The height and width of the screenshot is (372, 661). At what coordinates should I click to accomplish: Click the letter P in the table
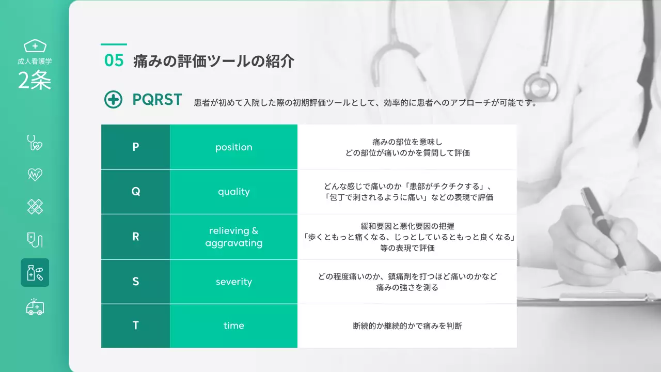(x=136, y=147)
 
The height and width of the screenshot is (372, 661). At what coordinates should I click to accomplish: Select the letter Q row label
(x=136, y=192)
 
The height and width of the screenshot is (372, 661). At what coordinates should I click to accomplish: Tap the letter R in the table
(x=136, y=237)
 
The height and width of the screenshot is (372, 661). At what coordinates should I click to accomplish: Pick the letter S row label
(x=136, y=282)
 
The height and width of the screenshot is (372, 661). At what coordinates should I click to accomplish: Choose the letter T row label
(x=136, y=326)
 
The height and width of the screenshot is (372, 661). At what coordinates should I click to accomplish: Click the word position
(x=233, y=147)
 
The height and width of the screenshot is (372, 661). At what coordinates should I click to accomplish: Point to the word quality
(x=233, y=192)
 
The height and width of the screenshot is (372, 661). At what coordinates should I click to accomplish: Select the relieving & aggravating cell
(x=233, y=237)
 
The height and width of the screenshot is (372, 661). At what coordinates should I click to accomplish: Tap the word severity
(x=233, y=282)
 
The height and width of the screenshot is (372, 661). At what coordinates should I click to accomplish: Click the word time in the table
(x=233, y=326)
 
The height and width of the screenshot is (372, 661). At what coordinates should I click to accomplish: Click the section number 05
(x=114, y=61)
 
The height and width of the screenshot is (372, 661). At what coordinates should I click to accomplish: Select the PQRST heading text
(x=157, y=100)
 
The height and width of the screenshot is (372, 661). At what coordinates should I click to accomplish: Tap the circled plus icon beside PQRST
(x=113, y=100)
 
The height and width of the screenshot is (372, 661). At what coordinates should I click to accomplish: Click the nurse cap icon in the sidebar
(x=35, y=46)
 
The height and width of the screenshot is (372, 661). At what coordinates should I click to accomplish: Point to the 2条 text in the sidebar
(x=35, y=81)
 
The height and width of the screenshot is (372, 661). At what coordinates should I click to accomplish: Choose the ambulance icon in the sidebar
(x=35, y=307)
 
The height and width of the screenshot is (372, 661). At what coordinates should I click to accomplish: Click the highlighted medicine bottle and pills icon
(x=35, y=272)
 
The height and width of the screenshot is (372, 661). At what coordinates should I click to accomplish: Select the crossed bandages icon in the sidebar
(x=35, y=207)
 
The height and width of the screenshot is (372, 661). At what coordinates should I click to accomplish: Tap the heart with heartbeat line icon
(x=35, y=175)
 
